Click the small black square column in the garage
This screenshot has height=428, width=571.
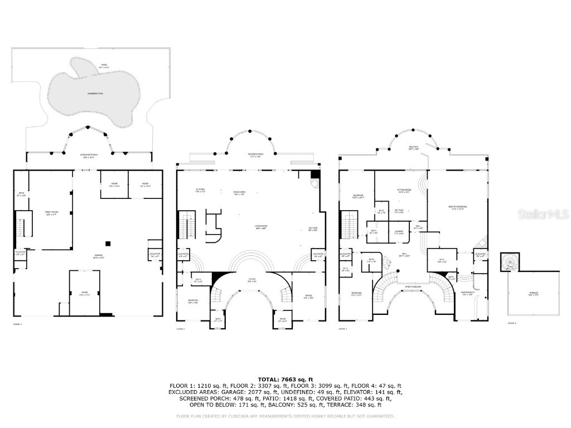[109, 243]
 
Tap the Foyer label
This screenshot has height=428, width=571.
[251, 280]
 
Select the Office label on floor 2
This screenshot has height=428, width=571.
[308, 296]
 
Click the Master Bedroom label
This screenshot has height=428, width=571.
[457, 207]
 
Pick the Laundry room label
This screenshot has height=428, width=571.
[399, 231]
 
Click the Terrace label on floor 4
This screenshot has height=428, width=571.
[534, 293]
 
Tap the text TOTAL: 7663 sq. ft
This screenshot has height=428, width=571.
[285, 379]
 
